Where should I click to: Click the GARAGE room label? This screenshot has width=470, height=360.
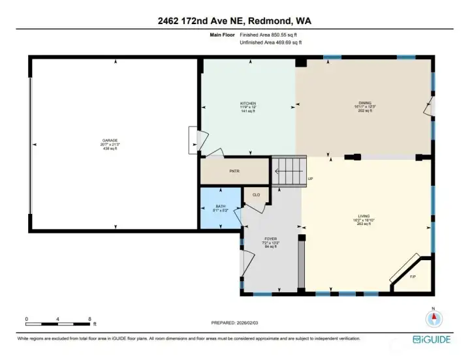click(x=110, y=140)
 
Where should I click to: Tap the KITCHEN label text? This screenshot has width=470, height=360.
click(x=247, y=104)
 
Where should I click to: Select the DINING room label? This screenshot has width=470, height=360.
click(x=363, y=104)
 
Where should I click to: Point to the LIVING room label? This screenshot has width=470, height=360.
click(x=364, y=216)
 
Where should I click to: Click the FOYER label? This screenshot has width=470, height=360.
click(x=271, y=239)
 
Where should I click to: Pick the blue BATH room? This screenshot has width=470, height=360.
click(x=219, y=209)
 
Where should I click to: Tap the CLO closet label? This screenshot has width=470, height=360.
click(x=255, y=194)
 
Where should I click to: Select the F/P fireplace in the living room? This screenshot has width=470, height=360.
click(x=413, y=276)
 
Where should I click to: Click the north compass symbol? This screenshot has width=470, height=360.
click(x=433, y=318)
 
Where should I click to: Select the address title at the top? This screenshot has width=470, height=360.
click(x=234, y=21)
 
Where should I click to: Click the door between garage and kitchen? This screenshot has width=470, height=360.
click(x=193, y=138)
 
